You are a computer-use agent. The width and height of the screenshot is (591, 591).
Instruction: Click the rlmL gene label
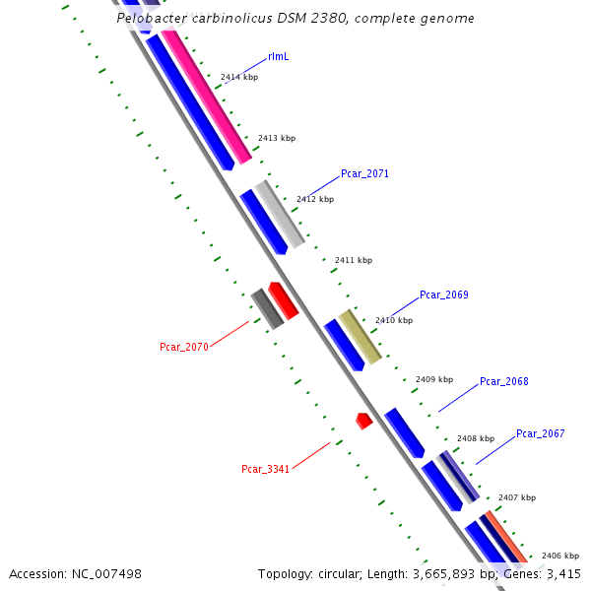(x=278, y=57)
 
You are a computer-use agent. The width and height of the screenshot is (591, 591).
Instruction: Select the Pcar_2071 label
(x=364, y=173)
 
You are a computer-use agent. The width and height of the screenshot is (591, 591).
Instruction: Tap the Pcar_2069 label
(x=443, y=295)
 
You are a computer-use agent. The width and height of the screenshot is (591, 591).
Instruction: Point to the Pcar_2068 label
(x=503, y=381)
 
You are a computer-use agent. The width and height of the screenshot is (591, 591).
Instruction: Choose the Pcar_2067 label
(x=540, y=433)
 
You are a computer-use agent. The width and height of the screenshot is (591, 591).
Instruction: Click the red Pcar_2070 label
(x=184, y=347)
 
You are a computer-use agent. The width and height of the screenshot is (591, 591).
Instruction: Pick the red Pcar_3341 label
(x=265, y=469)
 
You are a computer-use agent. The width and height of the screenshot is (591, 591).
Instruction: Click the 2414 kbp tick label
(x=239, y=77)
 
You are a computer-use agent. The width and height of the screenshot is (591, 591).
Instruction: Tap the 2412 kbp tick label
(x=315, y=199)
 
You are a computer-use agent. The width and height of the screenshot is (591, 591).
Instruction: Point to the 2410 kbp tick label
(x=394, y=320)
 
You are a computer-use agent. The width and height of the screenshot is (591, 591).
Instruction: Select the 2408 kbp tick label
(x=476, y=438)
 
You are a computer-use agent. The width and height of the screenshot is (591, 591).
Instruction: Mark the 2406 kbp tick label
(x=560, y=556)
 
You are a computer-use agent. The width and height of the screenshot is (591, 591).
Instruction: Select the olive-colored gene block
(x=360, y=336)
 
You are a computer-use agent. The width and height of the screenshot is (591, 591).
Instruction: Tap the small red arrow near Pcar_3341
(x=363, y=421)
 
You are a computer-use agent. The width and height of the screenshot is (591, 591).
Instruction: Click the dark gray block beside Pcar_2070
(x=266, y=309)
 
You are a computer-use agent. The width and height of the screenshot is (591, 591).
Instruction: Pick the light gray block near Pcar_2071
(x=280, y=214)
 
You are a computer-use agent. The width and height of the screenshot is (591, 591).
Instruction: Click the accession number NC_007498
(x=106, y=573)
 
